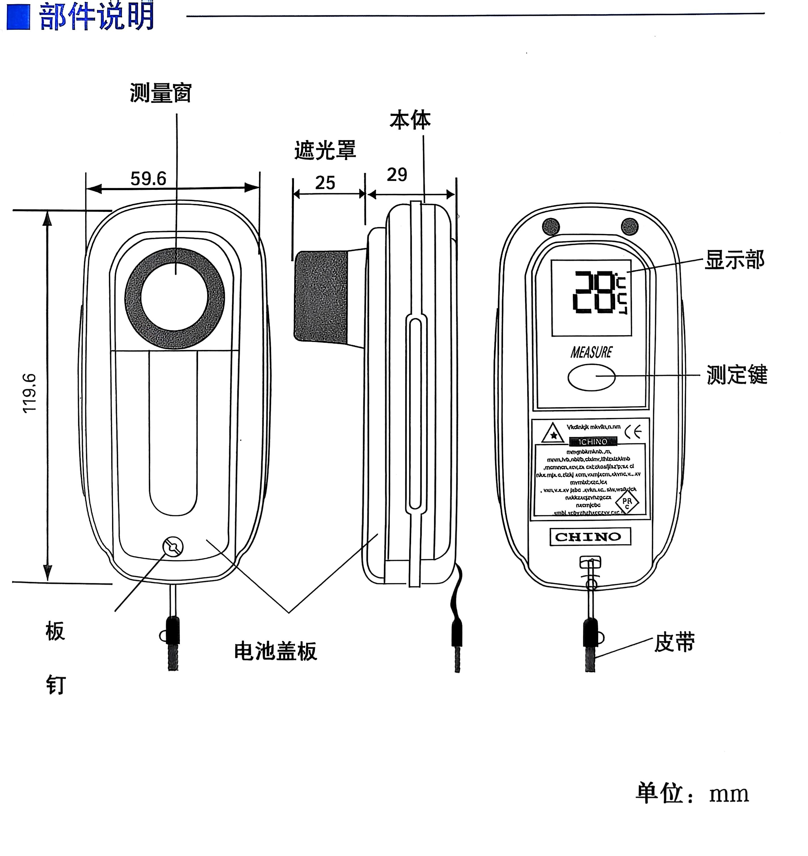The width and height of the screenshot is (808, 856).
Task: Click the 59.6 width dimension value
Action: (x=148, y=179)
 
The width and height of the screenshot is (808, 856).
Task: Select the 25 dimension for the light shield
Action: (x=325, y=183)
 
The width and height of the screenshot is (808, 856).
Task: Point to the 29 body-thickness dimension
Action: (x=397, y=174)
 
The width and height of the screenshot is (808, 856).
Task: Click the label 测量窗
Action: (x=161, y=93)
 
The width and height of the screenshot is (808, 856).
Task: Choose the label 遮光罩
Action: (x=325, y=150)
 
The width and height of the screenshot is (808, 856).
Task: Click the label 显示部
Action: (x=735, y=260)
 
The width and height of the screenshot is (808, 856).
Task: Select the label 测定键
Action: (x=737, y=374)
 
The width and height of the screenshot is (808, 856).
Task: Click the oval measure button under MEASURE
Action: (x=591, y=377)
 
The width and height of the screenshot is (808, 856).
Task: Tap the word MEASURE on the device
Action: (x=591, y=352)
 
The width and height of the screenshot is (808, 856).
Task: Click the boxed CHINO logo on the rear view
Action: (x=590, y=537)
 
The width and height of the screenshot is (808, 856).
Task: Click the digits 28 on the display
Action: (x=594, y=292)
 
